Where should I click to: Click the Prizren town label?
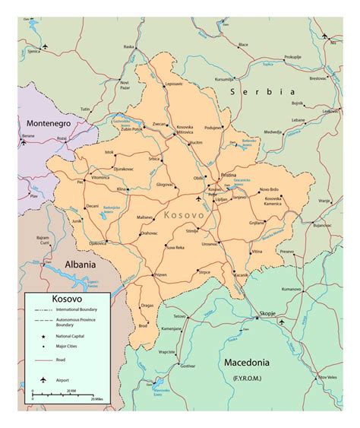[159, 274]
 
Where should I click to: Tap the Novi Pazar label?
[125, 84]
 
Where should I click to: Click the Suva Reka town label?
[176, 247]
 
